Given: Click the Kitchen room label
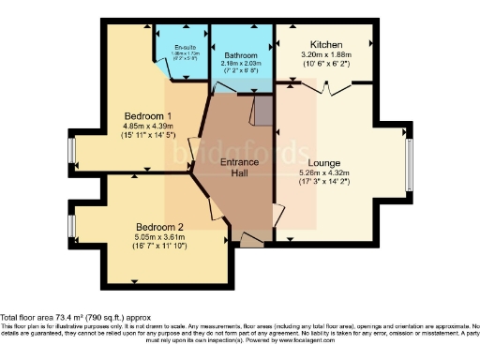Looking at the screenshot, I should click(326, 44).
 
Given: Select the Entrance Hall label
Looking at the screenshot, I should click(239, 168).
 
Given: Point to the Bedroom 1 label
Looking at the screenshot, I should click(149, 116).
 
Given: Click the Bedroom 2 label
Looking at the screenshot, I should click(158, 227).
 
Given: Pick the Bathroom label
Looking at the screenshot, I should click(241, 43).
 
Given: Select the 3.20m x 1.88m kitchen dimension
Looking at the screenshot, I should click(325, 55).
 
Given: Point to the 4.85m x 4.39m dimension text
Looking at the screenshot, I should click(149, 127).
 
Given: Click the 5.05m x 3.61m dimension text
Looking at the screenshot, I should click(158, 238).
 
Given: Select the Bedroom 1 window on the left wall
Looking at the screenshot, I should click(72, 151).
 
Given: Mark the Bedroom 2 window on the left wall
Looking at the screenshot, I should click(72, 228).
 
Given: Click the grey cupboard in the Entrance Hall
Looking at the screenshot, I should click(263, 113).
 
